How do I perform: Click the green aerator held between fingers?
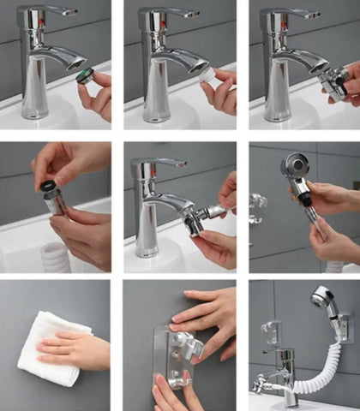pos(82,75)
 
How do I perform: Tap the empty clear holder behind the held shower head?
pos(258,204)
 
